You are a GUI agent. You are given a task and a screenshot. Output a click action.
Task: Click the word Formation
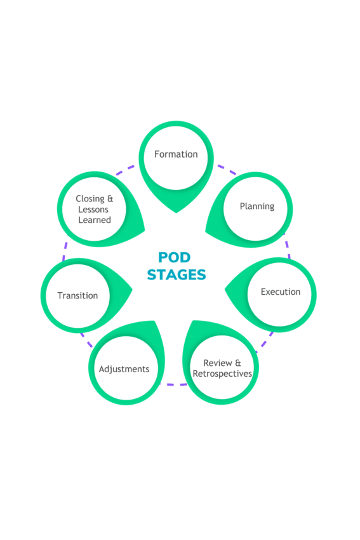coord(176,154)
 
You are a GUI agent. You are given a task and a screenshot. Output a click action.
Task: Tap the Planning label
coord(257,206)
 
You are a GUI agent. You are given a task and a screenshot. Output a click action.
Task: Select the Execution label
coord(281,292)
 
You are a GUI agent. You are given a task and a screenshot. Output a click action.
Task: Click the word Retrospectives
coord(222,374)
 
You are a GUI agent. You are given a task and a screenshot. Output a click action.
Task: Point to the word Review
coord(218,363)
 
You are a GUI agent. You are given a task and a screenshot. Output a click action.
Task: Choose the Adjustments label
coord(124,369)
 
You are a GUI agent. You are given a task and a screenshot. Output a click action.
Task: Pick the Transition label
coord(77,295)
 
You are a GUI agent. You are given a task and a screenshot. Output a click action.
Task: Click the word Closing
coord(90,199)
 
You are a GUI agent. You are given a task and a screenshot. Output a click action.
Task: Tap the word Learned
coord(95,220)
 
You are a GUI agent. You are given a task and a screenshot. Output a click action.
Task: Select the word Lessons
coord(93,210)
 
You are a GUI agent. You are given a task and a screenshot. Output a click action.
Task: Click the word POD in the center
coord(174,257)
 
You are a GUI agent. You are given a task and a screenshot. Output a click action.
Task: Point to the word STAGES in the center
coord(177,275)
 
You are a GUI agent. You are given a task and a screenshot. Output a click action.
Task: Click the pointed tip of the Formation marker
coord(177,212)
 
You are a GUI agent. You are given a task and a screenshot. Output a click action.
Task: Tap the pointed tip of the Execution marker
coord(225,290)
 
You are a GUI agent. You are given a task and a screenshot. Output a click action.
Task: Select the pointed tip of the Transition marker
coord(132,290)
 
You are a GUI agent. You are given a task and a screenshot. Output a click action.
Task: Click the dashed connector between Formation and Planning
coord(227,170)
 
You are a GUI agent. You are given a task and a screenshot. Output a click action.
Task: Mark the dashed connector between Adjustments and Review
coord(173,384)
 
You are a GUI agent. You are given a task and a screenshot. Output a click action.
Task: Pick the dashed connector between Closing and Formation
coord(125,170)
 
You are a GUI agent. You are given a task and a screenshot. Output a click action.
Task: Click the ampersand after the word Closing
coord(110,199)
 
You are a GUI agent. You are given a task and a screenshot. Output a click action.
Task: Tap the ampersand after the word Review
coord(238,363)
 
